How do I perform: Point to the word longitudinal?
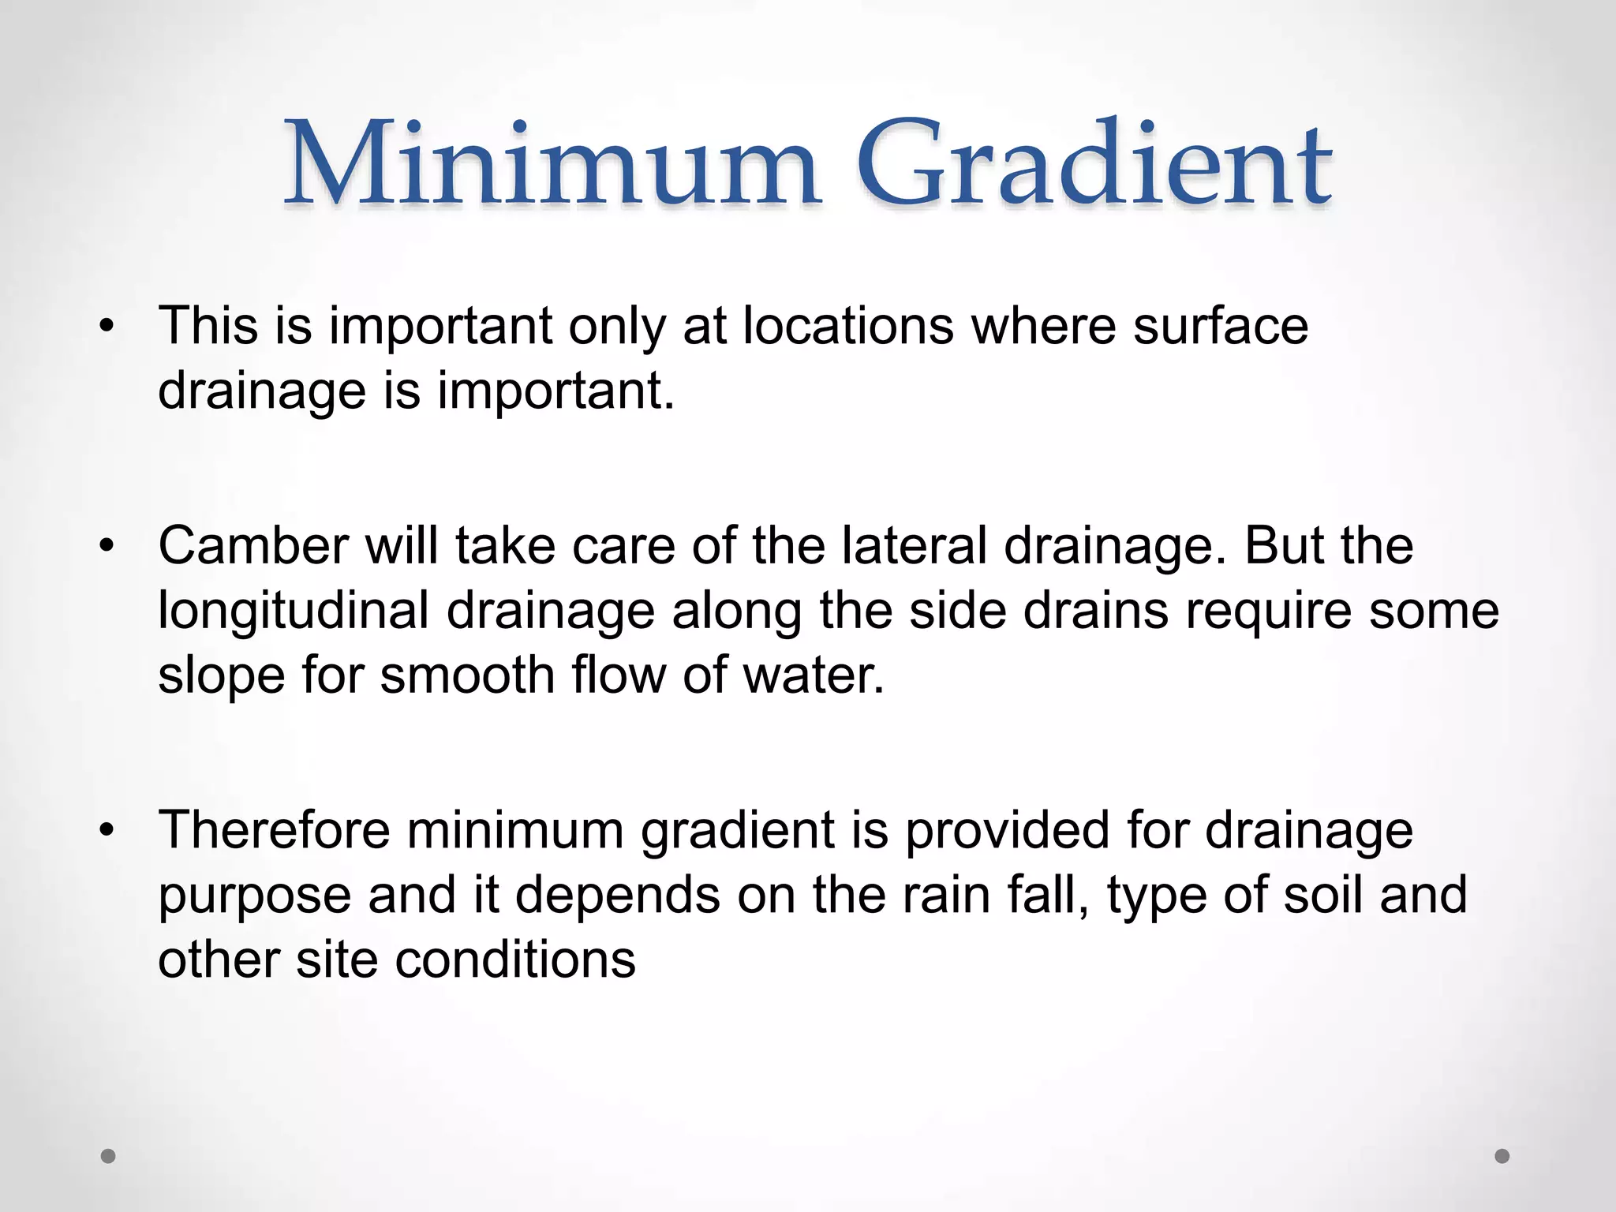click(294, 612)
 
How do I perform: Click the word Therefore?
click(274, 830)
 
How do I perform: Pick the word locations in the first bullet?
click(848, 326)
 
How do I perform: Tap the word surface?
click(1221, 326)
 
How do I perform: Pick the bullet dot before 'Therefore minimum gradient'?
click(108, 830)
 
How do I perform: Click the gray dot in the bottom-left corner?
click(109, 1156)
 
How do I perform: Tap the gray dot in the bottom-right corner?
click(1502, 1156)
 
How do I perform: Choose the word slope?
click(222, 675)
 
